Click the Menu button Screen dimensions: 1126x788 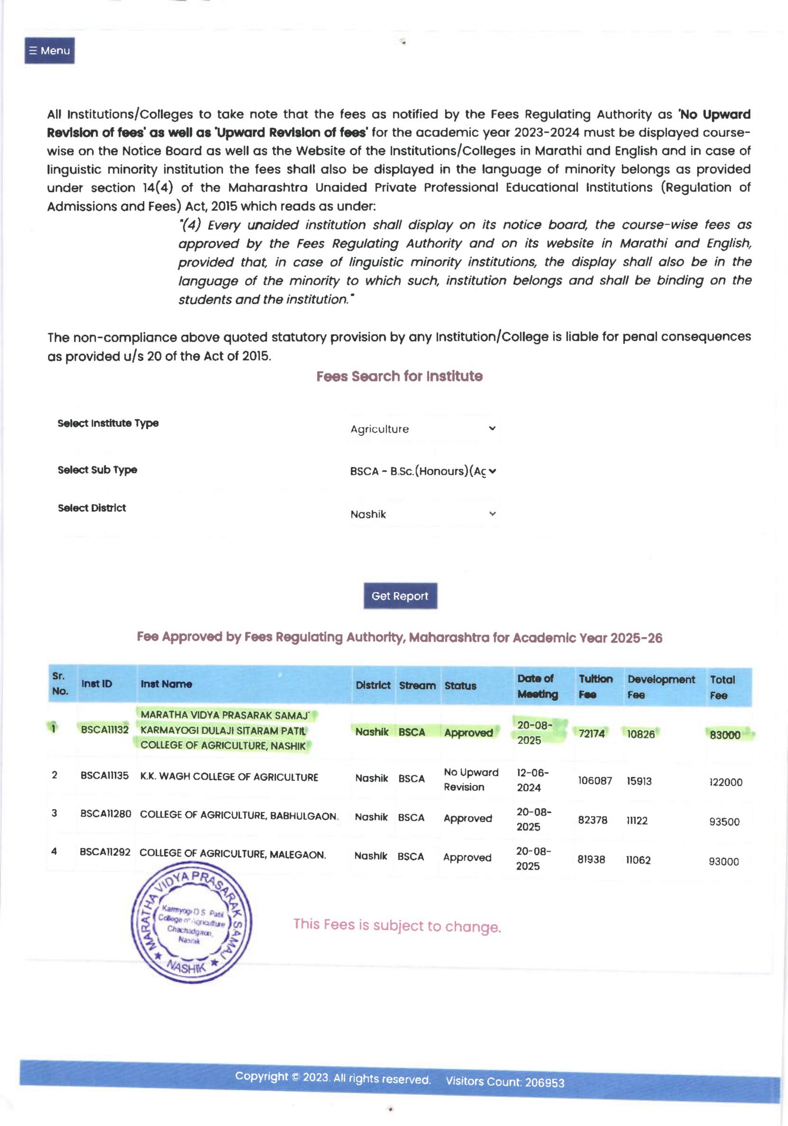[x=50, y=51]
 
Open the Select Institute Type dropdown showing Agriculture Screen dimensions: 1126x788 [x=423, y=428]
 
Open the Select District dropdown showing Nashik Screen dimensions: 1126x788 [x=423, y=514]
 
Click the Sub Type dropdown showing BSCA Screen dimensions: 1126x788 [x=423, y=471]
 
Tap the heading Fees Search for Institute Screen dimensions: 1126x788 [x=399, y=376]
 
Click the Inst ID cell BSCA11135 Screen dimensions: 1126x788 [x=105, y=775]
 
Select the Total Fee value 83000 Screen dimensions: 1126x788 [x=725, y=735]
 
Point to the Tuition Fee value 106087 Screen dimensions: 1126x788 [x=595, y=780]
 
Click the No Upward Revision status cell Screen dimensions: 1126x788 [x=471, y=779]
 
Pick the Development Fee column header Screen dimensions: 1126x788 [x=661, y=686]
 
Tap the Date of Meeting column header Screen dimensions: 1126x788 [x=537, y=686]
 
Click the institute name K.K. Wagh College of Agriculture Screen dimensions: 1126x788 [x=229, y=777]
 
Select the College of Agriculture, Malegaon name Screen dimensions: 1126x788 [x=233, y=854]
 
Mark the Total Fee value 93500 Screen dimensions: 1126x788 [x=724, y=822]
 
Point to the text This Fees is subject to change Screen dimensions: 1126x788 [x=397, y=925]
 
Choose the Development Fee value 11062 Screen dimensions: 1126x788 [x=638, y=860]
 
